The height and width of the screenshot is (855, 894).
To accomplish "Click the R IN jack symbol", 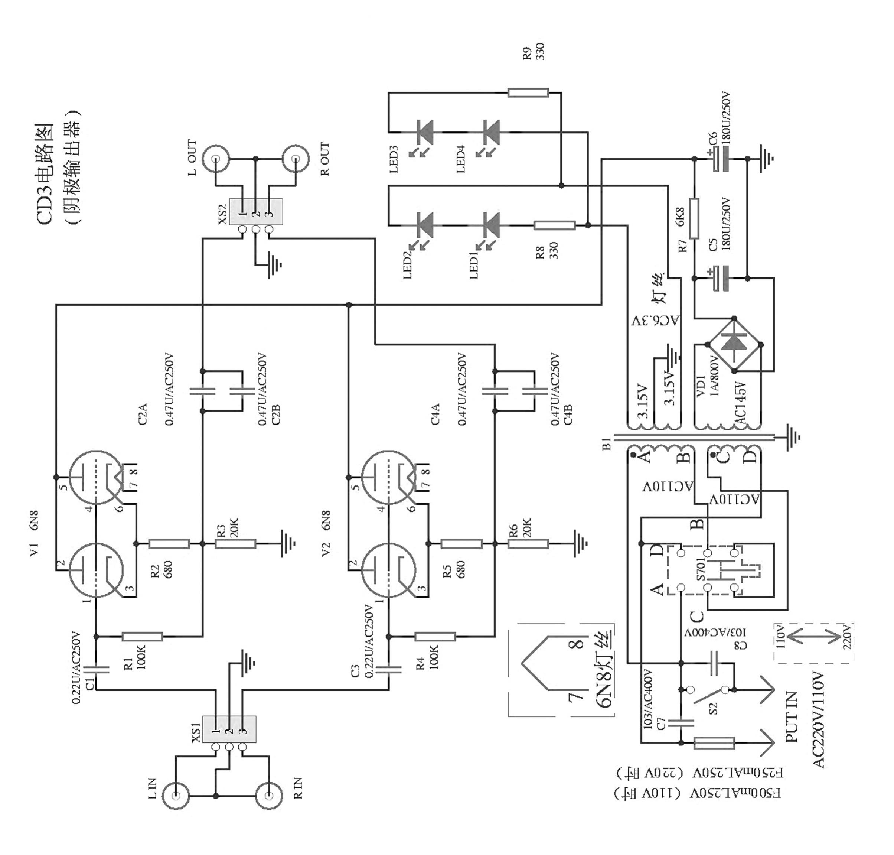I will (x=269, y=795).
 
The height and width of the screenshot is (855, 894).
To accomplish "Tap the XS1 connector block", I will (x=229, y=729).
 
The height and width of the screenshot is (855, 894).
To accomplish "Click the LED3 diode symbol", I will (x=425, y=132).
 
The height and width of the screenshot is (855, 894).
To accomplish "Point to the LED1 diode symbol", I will (x=491, y=225).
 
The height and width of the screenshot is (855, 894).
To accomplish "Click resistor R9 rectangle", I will (x=528, y=93).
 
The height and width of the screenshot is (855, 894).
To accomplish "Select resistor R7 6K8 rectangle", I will (x=694, y=218).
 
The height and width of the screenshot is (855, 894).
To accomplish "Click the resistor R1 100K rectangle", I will (x=142, y=636).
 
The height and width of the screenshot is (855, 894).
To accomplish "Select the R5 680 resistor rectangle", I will (x=461, y=543).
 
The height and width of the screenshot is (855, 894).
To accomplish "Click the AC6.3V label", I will (x=655, y=321).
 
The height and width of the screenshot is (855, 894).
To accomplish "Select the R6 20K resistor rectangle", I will (x=528, y=543).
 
